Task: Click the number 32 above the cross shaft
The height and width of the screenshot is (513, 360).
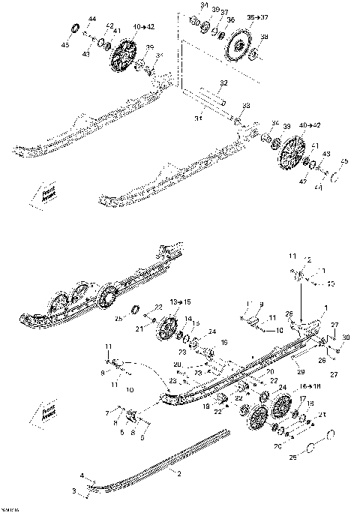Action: tap(223, 82)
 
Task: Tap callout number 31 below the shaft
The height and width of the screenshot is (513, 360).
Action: tap(199, 117)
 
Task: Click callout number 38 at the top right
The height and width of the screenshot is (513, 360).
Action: tap(262, 37)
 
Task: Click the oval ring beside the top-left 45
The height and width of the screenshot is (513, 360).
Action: tap(76, 28)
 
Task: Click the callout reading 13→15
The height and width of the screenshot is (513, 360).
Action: tap(170, 301)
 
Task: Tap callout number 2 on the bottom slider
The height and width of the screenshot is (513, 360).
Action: tap(178, 473)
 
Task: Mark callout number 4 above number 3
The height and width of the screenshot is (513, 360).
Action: tap(82, 475)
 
